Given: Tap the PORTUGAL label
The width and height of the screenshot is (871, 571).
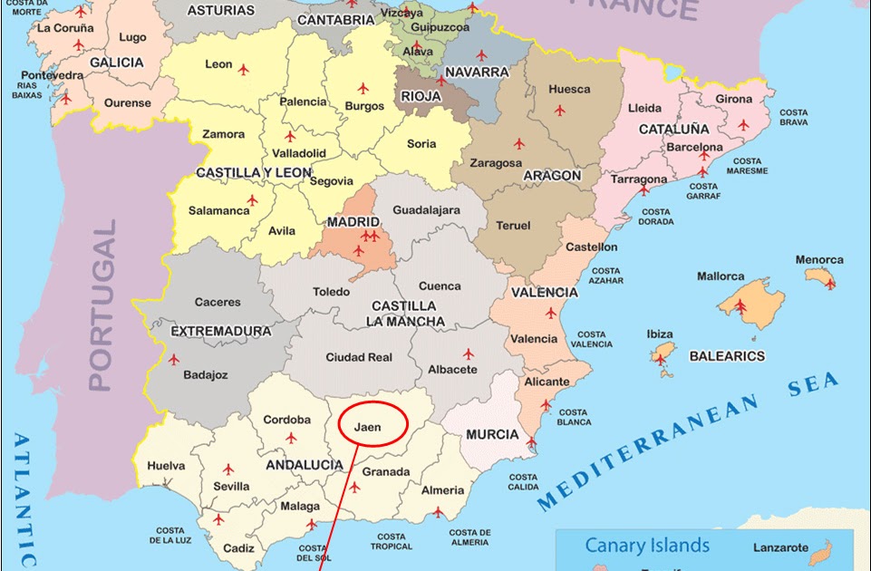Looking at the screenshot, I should click(103, 305).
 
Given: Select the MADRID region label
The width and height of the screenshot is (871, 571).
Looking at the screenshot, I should click(353, 221).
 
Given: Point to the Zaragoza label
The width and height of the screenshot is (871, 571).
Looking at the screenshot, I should click(496, 163).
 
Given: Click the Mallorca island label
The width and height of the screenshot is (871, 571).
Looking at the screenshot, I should click(721, 276).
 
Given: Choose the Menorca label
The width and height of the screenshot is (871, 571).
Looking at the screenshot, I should click(818, 260).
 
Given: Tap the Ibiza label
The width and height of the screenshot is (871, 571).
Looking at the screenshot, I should click(659, 334).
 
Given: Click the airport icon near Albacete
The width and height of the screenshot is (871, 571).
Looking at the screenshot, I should click(469, 353).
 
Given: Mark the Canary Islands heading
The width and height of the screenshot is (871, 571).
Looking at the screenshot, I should click(647, 545).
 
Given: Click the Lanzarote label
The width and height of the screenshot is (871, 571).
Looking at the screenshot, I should click(780, 548).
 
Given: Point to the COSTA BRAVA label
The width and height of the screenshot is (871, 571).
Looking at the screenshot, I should click(793, 118).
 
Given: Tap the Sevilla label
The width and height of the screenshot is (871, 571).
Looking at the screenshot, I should click(230, 487).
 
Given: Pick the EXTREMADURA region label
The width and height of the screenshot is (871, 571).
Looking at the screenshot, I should click(221, 332).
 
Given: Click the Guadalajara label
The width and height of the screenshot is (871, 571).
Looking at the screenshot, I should click(426, 210).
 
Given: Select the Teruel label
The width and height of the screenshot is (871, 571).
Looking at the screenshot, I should click(513, 226).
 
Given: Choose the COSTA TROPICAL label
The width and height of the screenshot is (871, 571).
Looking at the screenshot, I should click(392, 542).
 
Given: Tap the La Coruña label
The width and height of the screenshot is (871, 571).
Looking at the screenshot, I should click(65, 27).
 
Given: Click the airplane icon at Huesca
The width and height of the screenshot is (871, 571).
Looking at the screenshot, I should click(559, 111).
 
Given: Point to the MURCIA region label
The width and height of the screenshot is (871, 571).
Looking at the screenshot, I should click(492, 435).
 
